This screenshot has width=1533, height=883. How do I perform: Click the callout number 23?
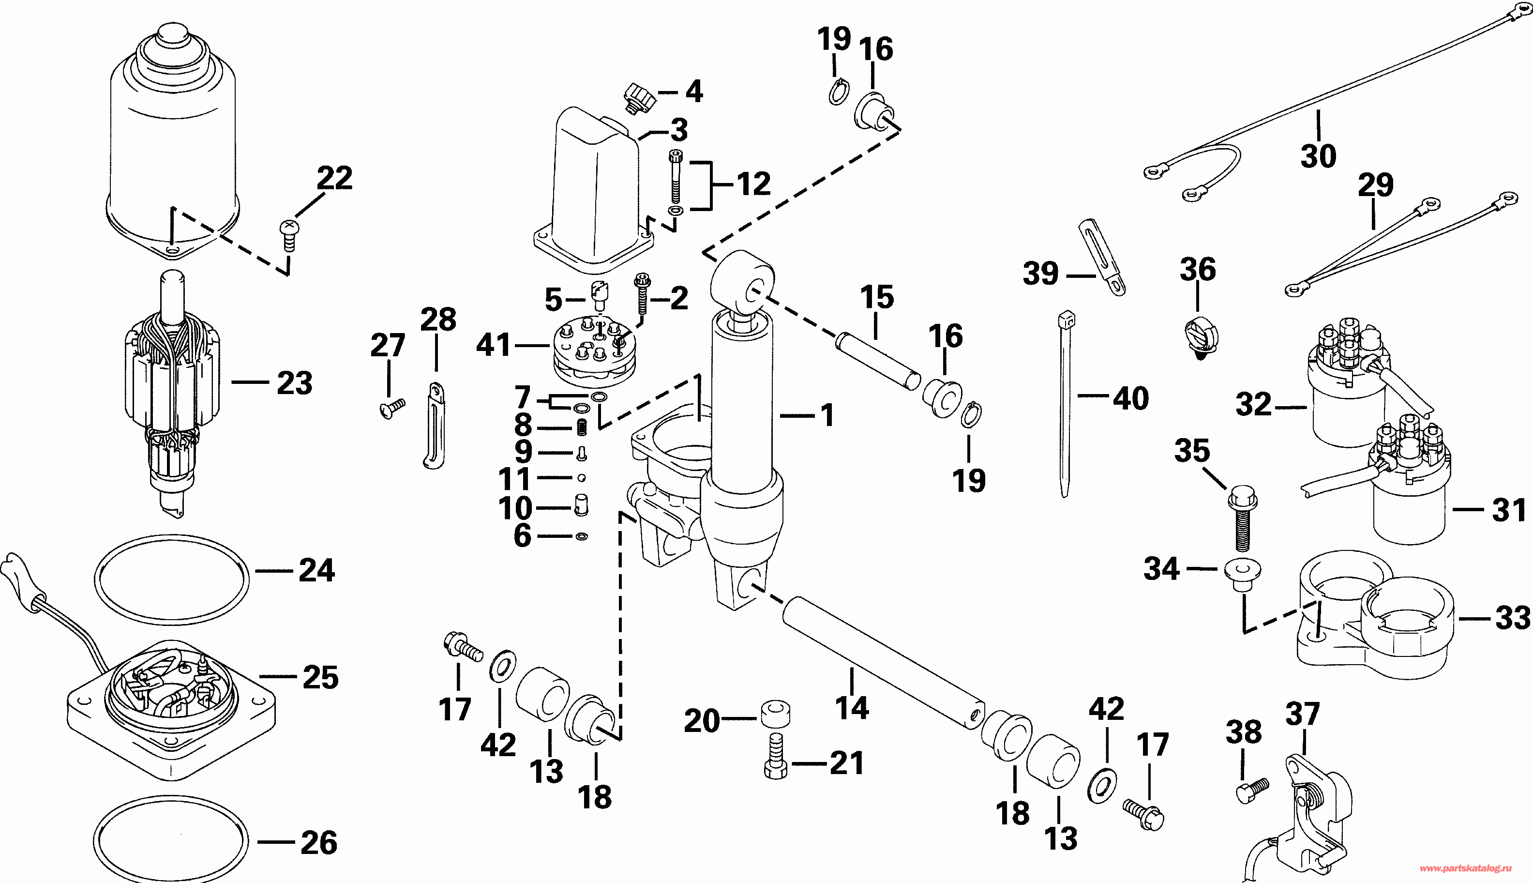pyautogui.click(x=295, y=383)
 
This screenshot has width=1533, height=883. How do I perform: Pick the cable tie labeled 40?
pyautogui.click(x=1066, y=400)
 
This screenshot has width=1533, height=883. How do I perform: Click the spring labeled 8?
pyautogui.click(x=581, y=427)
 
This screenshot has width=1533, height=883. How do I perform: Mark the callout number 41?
pyautogui.click(x=494, y=345)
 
